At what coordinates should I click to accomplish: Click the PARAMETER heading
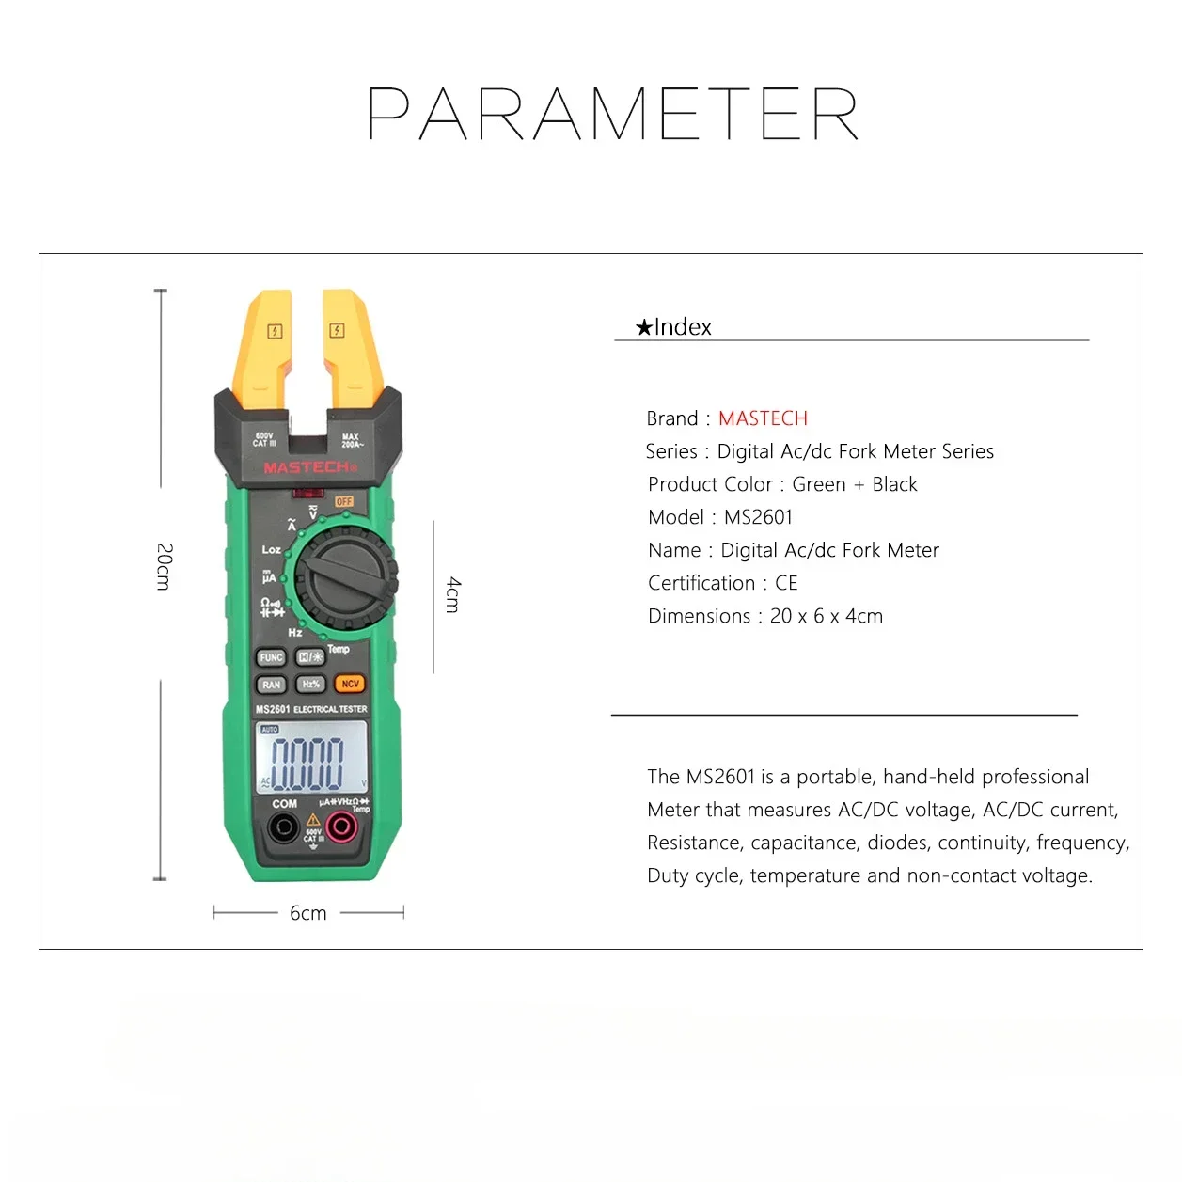coord(613,115)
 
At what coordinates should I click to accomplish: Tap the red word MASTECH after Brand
coord(763,418)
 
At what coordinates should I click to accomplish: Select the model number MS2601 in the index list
coord(758,517)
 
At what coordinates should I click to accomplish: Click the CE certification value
coord(786,583)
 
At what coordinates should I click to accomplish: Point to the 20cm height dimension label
coord(164,566)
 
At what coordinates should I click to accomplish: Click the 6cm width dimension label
coord(307,913)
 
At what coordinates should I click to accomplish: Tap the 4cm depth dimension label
coord(453,595)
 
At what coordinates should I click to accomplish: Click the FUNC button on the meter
coord(272,658)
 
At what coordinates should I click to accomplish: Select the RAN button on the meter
coord(272,686)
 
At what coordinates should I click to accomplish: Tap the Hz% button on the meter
coord(311,685)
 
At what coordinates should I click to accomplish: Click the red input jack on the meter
coord(340,827)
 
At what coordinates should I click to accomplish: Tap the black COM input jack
coord(283,828)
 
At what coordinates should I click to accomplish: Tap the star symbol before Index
coord(643,327)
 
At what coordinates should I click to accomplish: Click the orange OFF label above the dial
coord(344,502)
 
